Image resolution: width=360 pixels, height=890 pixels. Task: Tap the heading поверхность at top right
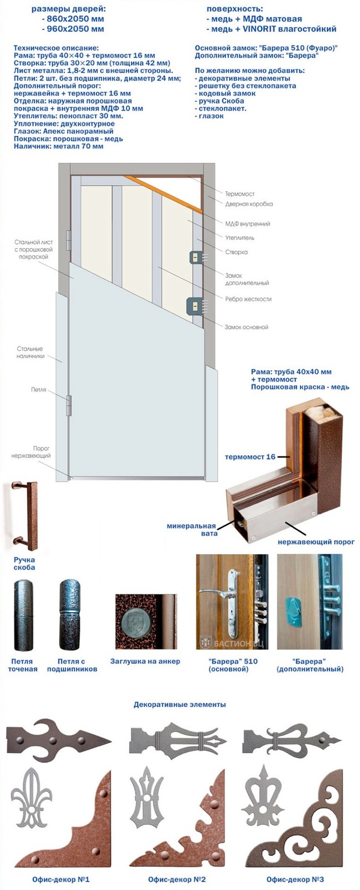[235, 9]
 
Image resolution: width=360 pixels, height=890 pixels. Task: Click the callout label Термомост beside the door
[240, 194]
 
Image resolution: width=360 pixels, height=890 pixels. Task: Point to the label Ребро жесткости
[248, 299]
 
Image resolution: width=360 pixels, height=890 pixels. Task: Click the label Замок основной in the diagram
[246, 327]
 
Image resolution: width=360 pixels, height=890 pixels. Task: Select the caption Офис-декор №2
[177, 879]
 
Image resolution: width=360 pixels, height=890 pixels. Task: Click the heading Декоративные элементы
[179, 705]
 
